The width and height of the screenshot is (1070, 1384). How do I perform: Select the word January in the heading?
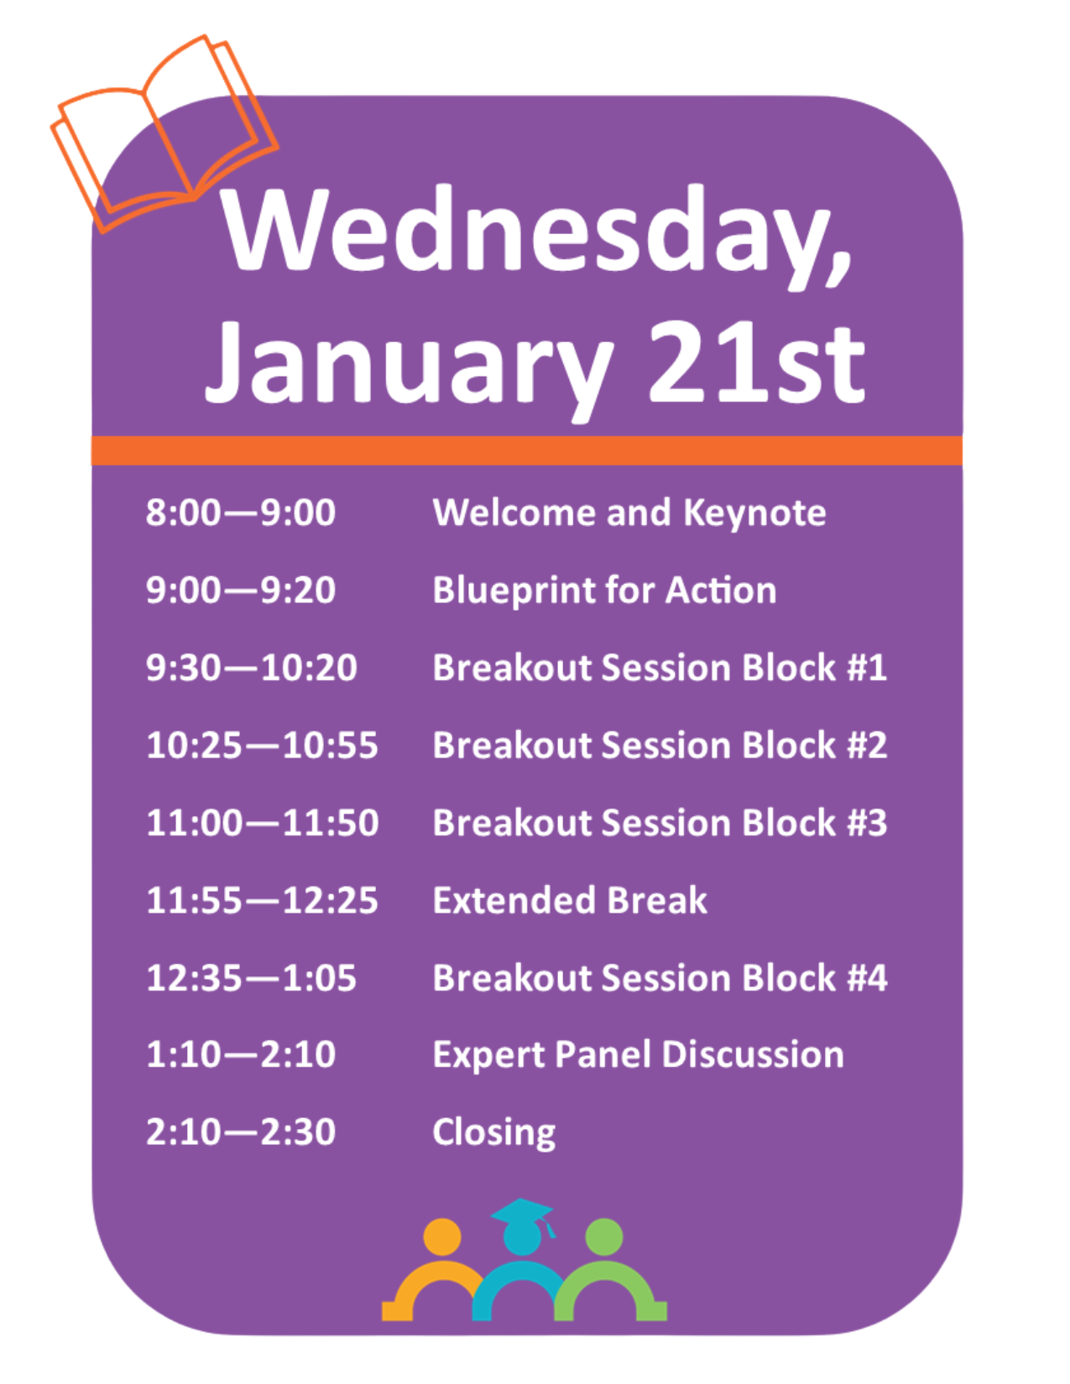tap(409, 367)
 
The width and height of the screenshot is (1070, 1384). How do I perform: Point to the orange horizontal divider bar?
tap(526, 450)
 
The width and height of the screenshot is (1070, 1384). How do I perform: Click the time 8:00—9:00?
tap(240, 512)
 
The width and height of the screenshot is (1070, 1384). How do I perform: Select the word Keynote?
tap(754, 513)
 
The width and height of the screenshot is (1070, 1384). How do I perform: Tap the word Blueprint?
tap(512, 591)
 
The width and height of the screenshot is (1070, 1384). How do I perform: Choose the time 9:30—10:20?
tap(251, 668)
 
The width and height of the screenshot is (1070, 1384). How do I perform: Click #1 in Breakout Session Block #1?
tap(867, 668)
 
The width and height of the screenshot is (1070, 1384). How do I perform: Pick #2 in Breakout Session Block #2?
tap(867, 745)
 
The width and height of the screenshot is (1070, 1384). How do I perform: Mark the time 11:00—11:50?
tap(262, 822)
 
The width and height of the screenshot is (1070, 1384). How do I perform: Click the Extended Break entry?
tap(570, 900)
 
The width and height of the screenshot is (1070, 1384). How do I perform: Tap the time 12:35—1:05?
tap(251, 978)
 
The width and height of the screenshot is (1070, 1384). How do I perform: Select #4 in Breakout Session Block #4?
tap(867, 978)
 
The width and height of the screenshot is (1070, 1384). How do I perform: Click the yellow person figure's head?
tap(441, 1237)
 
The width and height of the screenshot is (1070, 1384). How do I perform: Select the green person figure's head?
tap(603, 1237)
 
